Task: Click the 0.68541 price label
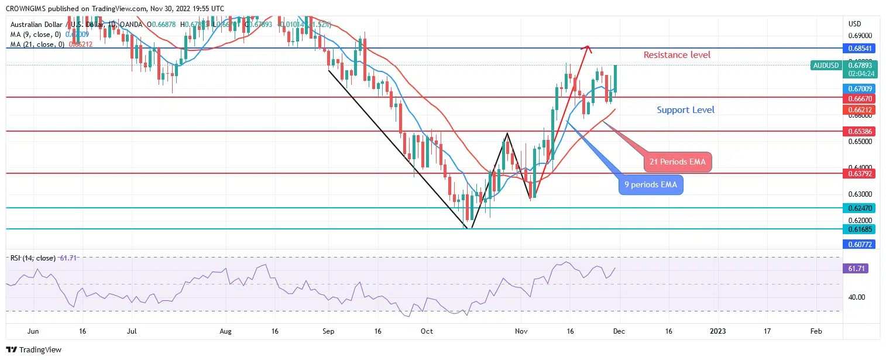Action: (x=858, y=48)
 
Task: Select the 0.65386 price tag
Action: (x=858, y=131)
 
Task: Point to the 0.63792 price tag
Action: (x=858, y=173)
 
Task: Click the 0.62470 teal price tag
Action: (x=858, y=208)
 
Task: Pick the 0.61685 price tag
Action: (x=858, y=229)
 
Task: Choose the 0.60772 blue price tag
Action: (x=858, y=244)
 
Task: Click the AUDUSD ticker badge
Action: (x=826, y=66)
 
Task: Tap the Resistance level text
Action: (x=677, y=55)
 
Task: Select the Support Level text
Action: (x=685, y=110)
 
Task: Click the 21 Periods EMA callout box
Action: (x=678, y=162)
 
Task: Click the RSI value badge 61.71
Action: (x=858, y=268)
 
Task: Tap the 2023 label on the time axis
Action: (x=717, y=331)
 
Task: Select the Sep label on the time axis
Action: (x=328, y=331)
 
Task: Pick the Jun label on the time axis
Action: (x=33, y=331)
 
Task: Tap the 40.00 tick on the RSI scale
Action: (x=857, y=297)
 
